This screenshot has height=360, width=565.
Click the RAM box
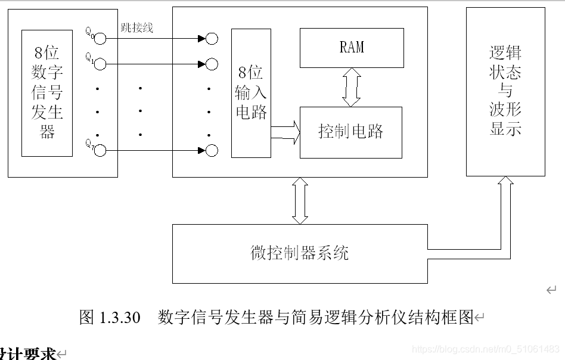[352, 47]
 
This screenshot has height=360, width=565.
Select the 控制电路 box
[350, 132]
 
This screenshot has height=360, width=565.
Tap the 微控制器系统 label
[299, 253]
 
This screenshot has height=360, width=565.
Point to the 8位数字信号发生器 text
[47, 92]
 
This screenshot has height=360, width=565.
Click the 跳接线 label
[136, 28]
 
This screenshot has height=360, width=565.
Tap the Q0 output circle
[100, 39]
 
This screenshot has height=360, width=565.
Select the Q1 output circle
[100, 63]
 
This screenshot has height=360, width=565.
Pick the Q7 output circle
[100, 150]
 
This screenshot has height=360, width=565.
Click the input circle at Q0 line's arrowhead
[212, 39]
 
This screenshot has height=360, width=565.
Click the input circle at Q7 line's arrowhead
[212, 150]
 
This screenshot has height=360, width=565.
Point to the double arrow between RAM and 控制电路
[351, 87]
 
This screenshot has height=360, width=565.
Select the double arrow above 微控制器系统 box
[300, 201]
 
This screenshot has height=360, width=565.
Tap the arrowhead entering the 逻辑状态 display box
[506, 182]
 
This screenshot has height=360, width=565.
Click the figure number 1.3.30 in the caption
[122, 317]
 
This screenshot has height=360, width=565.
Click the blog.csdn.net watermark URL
[486, 349]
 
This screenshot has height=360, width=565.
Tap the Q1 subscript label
[89, 57]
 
